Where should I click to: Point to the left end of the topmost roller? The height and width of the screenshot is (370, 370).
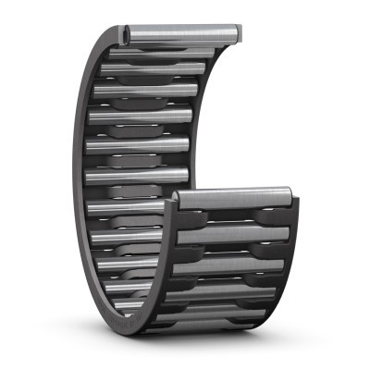[x=126, y=33]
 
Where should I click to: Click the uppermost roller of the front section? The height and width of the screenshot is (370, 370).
[x=235, y=196]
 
